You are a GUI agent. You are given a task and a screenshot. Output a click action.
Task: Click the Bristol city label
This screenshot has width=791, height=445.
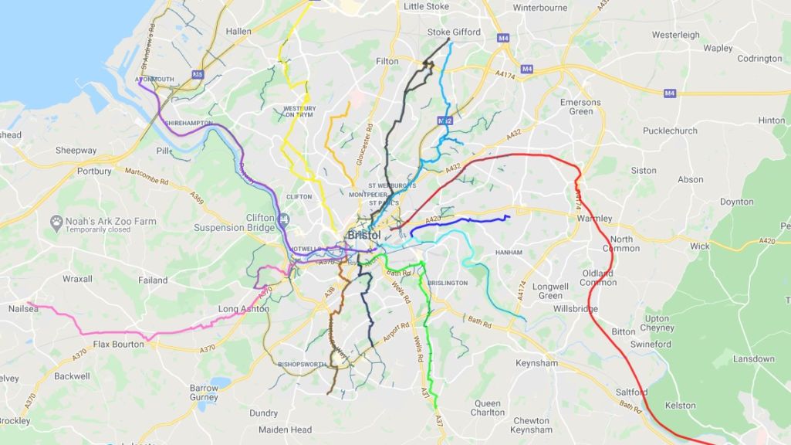click(364, 234)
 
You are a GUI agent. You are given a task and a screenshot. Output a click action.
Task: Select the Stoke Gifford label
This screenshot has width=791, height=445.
click(454, 32)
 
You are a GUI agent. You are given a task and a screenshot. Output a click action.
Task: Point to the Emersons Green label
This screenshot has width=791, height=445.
click(580, 107)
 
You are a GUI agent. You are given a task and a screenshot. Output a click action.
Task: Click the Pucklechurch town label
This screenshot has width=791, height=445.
click(670, 131)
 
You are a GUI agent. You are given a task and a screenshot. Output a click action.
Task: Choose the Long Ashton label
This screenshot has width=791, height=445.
click(244, 309)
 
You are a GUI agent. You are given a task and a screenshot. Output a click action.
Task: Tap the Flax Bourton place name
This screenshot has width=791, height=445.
click(118, 344)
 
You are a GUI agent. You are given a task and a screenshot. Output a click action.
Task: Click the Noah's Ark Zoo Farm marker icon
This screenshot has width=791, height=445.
click(56, 222)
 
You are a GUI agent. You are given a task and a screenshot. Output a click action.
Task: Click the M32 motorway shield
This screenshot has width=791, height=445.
click(445, 121)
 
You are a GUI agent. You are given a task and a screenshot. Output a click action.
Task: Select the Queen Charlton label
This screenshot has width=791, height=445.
click(488, 408)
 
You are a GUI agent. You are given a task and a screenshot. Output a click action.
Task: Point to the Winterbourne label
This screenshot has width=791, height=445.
click(540, 8)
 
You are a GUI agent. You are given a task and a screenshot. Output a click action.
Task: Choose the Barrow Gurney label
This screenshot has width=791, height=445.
click(204, 392)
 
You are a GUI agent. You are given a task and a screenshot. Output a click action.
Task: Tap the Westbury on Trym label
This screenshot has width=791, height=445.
click(300, 111)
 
